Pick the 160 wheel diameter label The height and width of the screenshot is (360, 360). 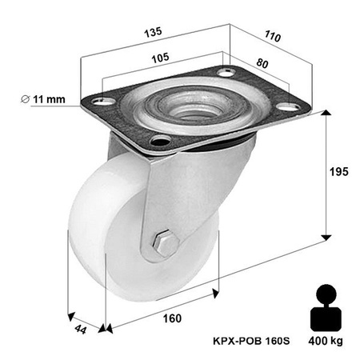point(171,318)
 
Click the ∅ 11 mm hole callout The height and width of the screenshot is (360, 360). point(50,98)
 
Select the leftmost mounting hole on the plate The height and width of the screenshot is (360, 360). point(100,102)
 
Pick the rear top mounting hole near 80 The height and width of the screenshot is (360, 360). point(226,73)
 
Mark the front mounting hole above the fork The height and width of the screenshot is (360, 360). point(159,143)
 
